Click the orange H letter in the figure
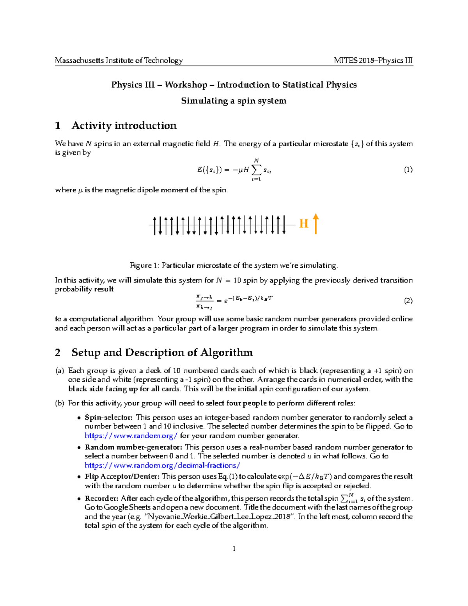pos(304,224)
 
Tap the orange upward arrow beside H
pos(316,224)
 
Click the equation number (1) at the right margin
pos(408,169)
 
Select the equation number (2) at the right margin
pos(408,300)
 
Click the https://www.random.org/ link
pos(131,435)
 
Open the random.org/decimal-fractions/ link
pos(162,465)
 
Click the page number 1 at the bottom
pos(234,549)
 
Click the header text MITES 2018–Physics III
pos(373,60)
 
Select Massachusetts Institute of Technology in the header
pos(119,60)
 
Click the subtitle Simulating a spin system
pos(234,101)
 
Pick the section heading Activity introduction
pos(124,125)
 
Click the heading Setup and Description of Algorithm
pos(162,352)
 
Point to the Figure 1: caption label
pos(145,265)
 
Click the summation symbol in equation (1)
pos(256,170)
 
